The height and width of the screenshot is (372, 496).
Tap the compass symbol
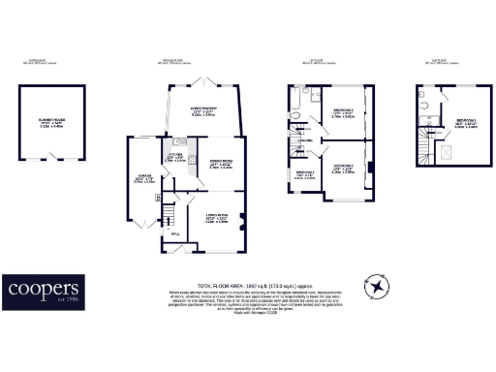[x=376, y=288]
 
